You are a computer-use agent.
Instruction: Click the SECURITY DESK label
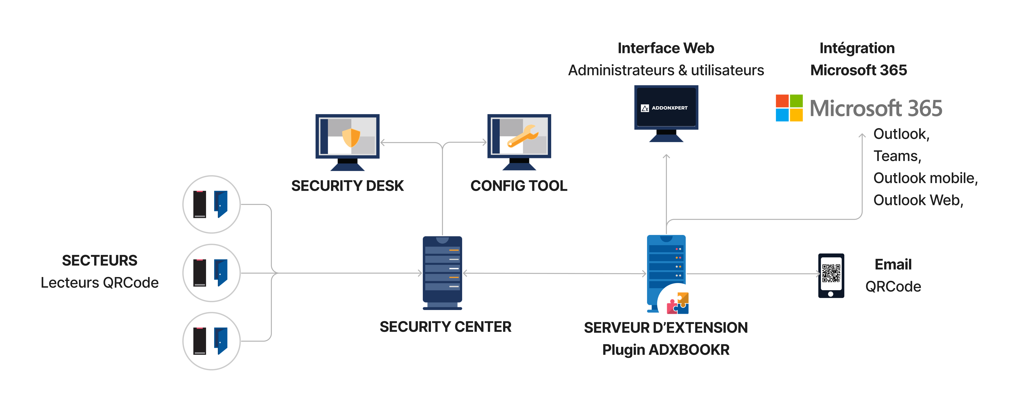click(347, 186)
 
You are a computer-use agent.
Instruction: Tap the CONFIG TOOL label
click(519, 186)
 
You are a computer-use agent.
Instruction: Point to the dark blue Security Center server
click(442, 273)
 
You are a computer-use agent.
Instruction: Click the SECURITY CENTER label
click(445, 327)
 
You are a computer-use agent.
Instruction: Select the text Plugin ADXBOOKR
click(666, 350)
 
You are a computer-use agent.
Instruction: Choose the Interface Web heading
click(666, 48)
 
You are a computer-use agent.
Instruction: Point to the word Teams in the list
click(897, 156)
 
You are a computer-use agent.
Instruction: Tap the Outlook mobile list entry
click(925, 178)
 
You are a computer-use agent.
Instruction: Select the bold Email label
click(893, 265)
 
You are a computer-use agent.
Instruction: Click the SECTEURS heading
click(100, 260)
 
